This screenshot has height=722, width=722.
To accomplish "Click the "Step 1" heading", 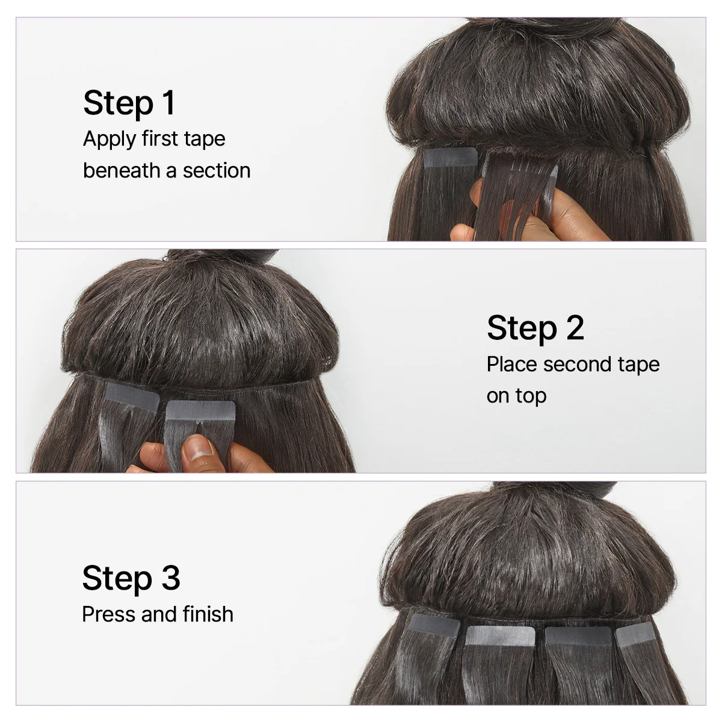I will click(129, 103).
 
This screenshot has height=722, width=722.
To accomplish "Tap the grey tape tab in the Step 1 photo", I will click(450, 158).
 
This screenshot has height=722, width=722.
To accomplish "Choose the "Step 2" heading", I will click(535, 328).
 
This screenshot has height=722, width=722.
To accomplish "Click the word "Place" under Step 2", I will click(512, 365).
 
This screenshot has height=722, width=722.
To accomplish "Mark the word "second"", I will click(578, 365).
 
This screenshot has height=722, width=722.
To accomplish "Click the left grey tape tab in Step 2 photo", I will click(131, 396).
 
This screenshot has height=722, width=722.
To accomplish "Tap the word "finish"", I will click(208, 614).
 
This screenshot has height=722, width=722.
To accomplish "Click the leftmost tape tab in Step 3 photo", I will click(434, 625).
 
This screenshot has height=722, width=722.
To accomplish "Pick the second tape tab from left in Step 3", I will click(500, 636).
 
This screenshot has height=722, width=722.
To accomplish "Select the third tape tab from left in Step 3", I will click(578, 636).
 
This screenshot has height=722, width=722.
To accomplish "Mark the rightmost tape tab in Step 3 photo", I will click(636, 634).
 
